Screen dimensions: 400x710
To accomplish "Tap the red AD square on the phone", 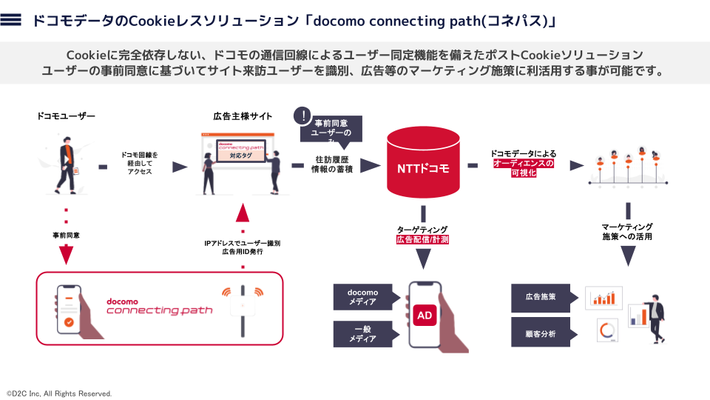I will pos(425,315).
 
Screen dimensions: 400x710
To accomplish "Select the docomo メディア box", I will pos(362,297).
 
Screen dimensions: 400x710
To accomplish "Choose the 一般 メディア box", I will pos(362,334).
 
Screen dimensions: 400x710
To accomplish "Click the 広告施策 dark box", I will pos(541,296).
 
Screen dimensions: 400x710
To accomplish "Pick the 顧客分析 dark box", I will pos(541,332).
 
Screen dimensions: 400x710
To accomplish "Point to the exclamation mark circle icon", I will pos(302,116).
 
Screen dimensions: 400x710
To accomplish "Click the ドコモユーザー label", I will pos(67,116).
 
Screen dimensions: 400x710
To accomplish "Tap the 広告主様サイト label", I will pos(243,116).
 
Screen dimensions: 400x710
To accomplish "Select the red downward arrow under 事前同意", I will pos(67,255).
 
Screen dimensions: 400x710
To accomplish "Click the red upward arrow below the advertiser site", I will pos(243,212).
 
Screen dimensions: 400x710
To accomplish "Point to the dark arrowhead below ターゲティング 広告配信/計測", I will pos(424,259).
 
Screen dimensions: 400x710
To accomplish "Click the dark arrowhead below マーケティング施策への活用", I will pos(627,256).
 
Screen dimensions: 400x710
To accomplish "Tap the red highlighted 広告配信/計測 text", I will pos(423,240).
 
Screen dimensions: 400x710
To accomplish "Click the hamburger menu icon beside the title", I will pos(11,21).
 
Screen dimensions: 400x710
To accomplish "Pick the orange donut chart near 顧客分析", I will pos(608,330).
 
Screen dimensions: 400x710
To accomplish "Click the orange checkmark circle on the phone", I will pos(68,322).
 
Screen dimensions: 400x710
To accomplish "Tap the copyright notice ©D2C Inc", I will pos(59,393).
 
